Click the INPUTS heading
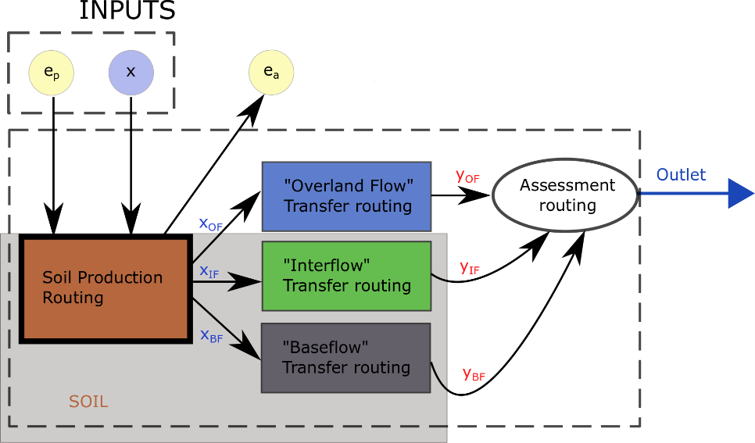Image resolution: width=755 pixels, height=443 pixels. [x=127, y=11]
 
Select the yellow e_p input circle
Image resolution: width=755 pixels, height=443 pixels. [x=52, y=72]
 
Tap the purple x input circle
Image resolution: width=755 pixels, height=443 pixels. [x=131, y=72]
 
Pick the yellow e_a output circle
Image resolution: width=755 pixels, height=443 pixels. [x=271, y=72]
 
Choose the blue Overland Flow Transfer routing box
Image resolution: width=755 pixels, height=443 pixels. [x=346, y=196]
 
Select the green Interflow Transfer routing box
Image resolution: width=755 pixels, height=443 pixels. [x=346, y=276]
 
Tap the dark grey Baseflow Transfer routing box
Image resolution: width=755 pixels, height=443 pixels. [x=346, y=357]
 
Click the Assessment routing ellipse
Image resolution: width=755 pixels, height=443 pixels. [x=567, y=195]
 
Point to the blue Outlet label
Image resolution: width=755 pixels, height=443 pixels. [x=681, y=175]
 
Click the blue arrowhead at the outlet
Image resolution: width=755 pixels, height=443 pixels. [x=740, y=194]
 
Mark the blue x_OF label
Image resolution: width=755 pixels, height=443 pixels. [x=211, y=224]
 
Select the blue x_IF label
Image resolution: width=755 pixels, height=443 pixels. [x=209, y=272]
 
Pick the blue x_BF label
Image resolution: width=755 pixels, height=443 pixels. [x=211, y=336]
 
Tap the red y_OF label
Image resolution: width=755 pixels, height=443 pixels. [x=467, y=177]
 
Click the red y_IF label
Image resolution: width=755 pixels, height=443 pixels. [x=470, y=269]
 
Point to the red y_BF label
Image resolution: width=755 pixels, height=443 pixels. [x=474, y=374]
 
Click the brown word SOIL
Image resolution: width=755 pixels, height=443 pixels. [x=88, y=402]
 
